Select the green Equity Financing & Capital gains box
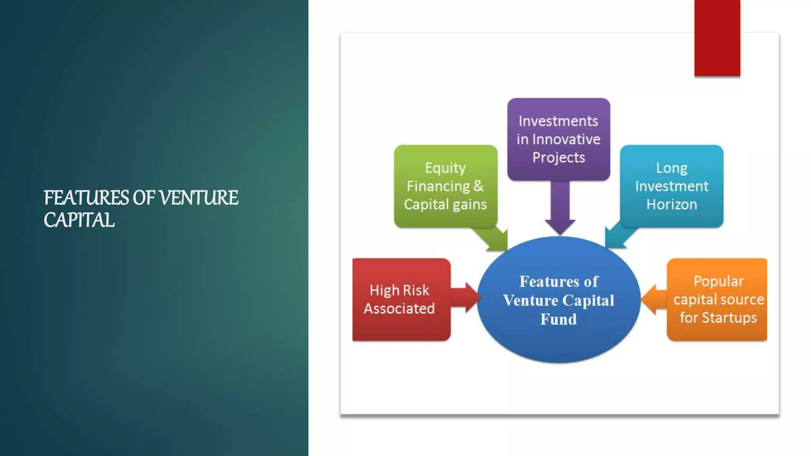[x=445, y=186]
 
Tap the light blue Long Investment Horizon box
[x=672, y=186]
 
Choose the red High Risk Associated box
[x=401, y=299]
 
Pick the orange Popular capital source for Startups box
[x=718, y=299]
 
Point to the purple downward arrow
[x=560, y=210]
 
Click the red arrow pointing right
[x=465, y=297]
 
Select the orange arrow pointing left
[x=653, y=300]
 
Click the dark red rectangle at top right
[x=717, y=38]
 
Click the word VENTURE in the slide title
[x=198, y=198]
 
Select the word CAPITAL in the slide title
[x=79, y=220]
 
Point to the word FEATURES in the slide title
[x=86, y=198]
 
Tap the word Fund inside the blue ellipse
[x=558, y=319]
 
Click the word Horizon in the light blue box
[x=672, y=204]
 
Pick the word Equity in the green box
[x=445, y=168]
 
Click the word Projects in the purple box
[x=558, y=157]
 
